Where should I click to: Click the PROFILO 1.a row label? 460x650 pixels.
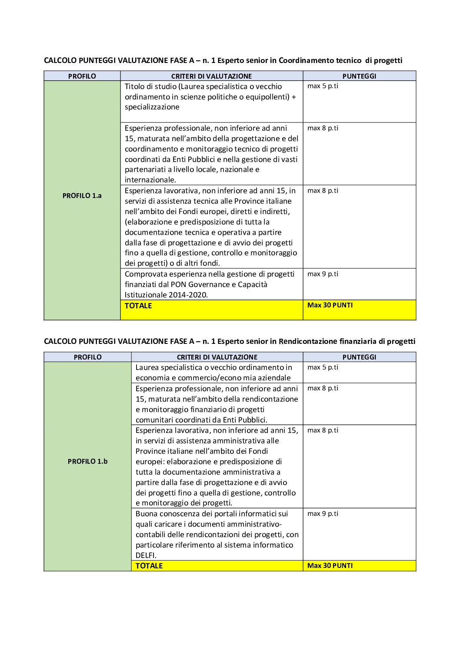pyautogui.click(x=82, y=196)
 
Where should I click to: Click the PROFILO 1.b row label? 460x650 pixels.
pyautogui.click(x=87, y=462)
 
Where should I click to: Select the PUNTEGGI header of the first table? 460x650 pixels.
pyautogui.click(x=359, y=76)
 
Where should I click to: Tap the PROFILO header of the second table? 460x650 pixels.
pyautogui.click(x=87, y=357)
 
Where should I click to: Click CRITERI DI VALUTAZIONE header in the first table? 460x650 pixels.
pyautogui.click(x=211, y=76)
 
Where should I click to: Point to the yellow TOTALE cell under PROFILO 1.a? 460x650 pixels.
pyautogui.click(x=138, y=306)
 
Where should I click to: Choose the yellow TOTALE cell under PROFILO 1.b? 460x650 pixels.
pyautogui.click(x=149, y=566)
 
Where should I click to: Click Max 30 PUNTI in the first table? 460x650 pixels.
pyautogui.click(x=330, y=305)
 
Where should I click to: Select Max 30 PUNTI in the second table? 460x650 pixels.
pyautogui.click(x=330, y=566)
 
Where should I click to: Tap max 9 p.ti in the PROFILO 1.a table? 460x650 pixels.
pyautogui.click(x=323, y=274)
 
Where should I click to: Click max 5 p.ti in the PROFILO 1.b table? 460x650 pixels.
pyautogui.click(x=323, y=367)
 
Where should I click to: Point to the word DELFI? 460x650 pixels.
pyautogui.click(x=146, y=555)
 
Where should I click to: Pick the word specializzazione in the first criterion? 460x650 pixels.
pyautogui.click(x=152, y=107)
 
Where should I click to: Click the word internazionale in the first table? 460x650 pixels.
pyautogui.click(x=150, y=180)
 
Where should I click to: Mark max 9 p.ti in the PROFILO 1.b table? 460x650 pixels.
pyautogui.click(x=323, y=514)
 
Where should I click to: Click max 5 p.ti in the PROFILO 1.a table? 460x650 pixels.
pyautogui.click(x=323, y=86)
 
